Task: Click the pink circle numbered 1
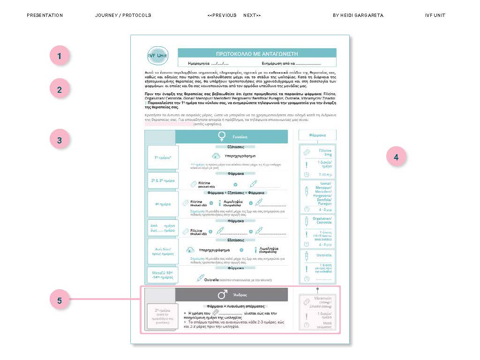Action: tap(60, 56)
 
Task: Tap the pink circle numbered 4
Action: tap(396, 157)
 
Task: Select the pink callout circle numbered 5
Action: tap(60, 300)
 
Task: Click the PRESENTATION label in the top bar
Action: tap(45, 15)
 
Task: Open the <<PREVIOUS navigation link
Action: tap(222, 15)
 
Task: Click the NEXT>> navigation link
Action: tap(252, 15)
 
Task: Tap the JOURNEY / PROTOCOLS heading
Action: tap(123, 15)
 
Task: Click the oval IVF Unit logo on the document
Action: tap(157, 56)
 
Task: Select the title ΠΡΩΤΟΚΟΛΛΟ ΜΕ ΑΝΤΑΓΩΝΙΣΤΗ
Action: tap(256, 54)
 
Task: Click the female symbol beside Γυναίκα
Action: tap(222, 136)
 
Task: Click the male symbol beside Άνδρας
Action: tap(222, 295)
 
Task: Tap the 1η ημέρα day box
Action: tap(163, 157)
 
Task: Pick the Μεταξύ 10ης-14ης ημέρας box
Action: tap(163, 275)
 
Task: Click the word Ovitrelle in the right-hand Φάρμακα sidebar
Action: tap(324, 255)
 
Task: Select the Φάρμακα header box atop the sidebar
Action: tap(317, 135)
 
